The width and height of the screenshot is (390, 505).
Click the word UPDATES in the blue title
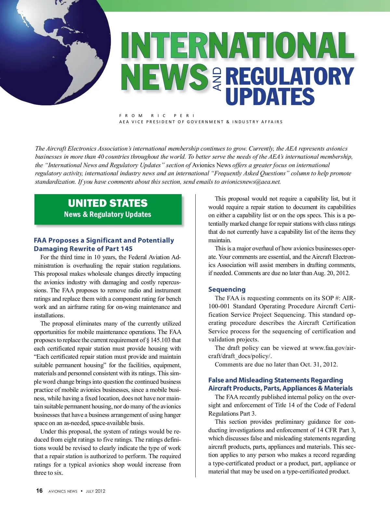pos(270,97)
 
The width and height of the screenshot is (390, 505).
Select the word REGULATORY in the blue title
pos(289,76)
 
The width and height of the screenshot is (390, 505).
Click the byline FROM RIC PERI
pos(157,115)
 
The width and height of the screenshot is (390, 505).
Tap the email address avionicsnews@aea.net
pos(251,182)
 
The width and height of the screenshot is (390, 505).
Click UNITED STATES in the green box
pos(108,203)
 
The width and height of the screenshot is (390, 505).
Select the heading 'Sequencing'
pos(227,289)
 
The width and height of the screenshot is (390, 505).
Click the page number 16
pos(39,491)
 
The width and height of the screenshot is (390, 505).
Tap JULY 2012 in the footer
pos(96,491)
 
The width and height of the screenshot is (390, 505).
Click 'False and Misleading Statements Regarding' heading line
pos(276,380)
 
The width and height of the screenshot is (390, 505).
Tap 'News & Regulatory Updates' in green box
pos(108,215)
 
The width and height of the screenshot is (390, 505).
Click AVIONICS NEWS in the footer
pos(63,491)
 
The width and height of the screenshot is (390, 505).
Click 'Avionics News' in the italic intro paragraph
pos(211,165)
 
